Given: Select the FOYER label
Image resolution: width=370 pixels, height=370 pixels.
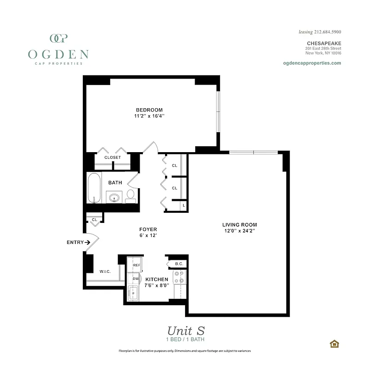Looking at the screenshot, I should (148, 229).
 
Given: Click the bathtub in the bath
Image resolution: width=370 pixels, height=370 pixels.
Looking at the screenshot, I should (94, 188).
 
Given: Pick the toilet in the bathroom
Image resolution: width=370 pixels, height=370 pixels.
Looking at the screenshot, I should (130, 195).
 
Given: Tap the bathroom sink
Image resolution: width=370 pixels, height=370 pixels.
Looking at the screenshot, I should (115, 197).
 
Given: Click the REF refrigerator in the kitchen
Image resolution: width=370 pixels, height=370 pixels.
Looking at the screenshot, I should (136, 265).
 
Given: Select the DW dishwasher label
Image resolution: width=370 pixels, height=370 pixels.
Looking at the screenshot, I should (136, 279).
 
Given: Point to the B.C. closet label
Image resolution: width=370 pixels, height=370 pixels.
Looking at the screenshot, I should (179, 264).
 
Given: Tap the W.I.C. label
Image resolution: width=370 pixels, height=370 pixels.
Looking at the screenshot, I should (105, 271).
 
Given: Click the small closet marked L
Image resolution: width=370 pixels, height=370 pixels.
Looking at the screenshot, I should (184, 205).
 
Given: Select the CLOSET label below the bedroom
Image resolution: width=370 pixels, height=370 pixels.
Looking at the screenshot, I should (112, 157).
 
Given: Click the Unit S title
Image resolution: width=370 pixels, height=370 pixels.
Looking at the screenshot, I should (185, 331).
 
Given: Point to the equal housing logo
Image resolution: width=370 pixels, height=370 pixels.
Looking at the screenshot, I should (333, 344).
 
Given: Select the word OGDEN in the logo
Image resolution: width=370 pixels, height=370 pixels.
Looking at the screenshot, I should (58, 54).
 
